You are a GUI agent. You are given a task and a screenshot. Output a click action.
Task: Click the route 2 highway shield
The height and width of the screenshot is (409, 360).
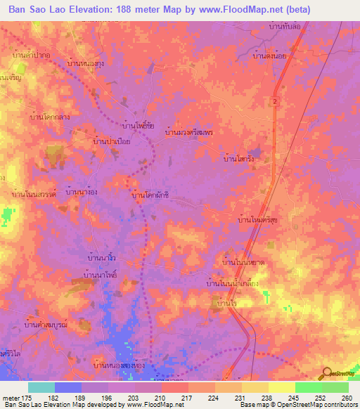tap(275, 103)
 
